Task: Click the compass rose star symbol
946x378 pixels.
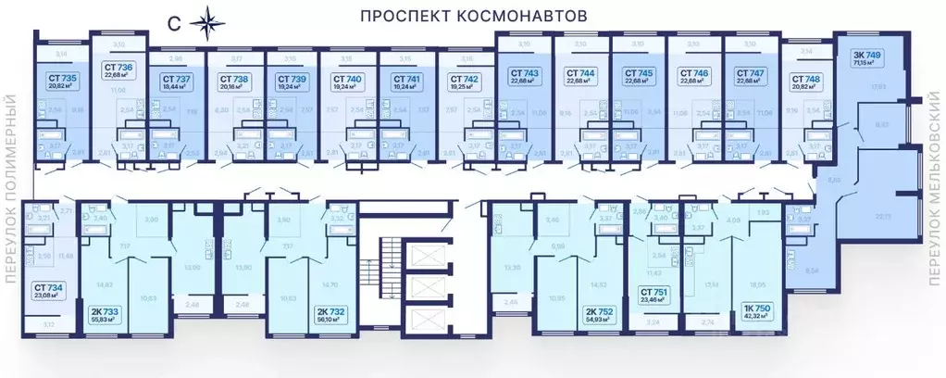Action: [202, 22]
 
